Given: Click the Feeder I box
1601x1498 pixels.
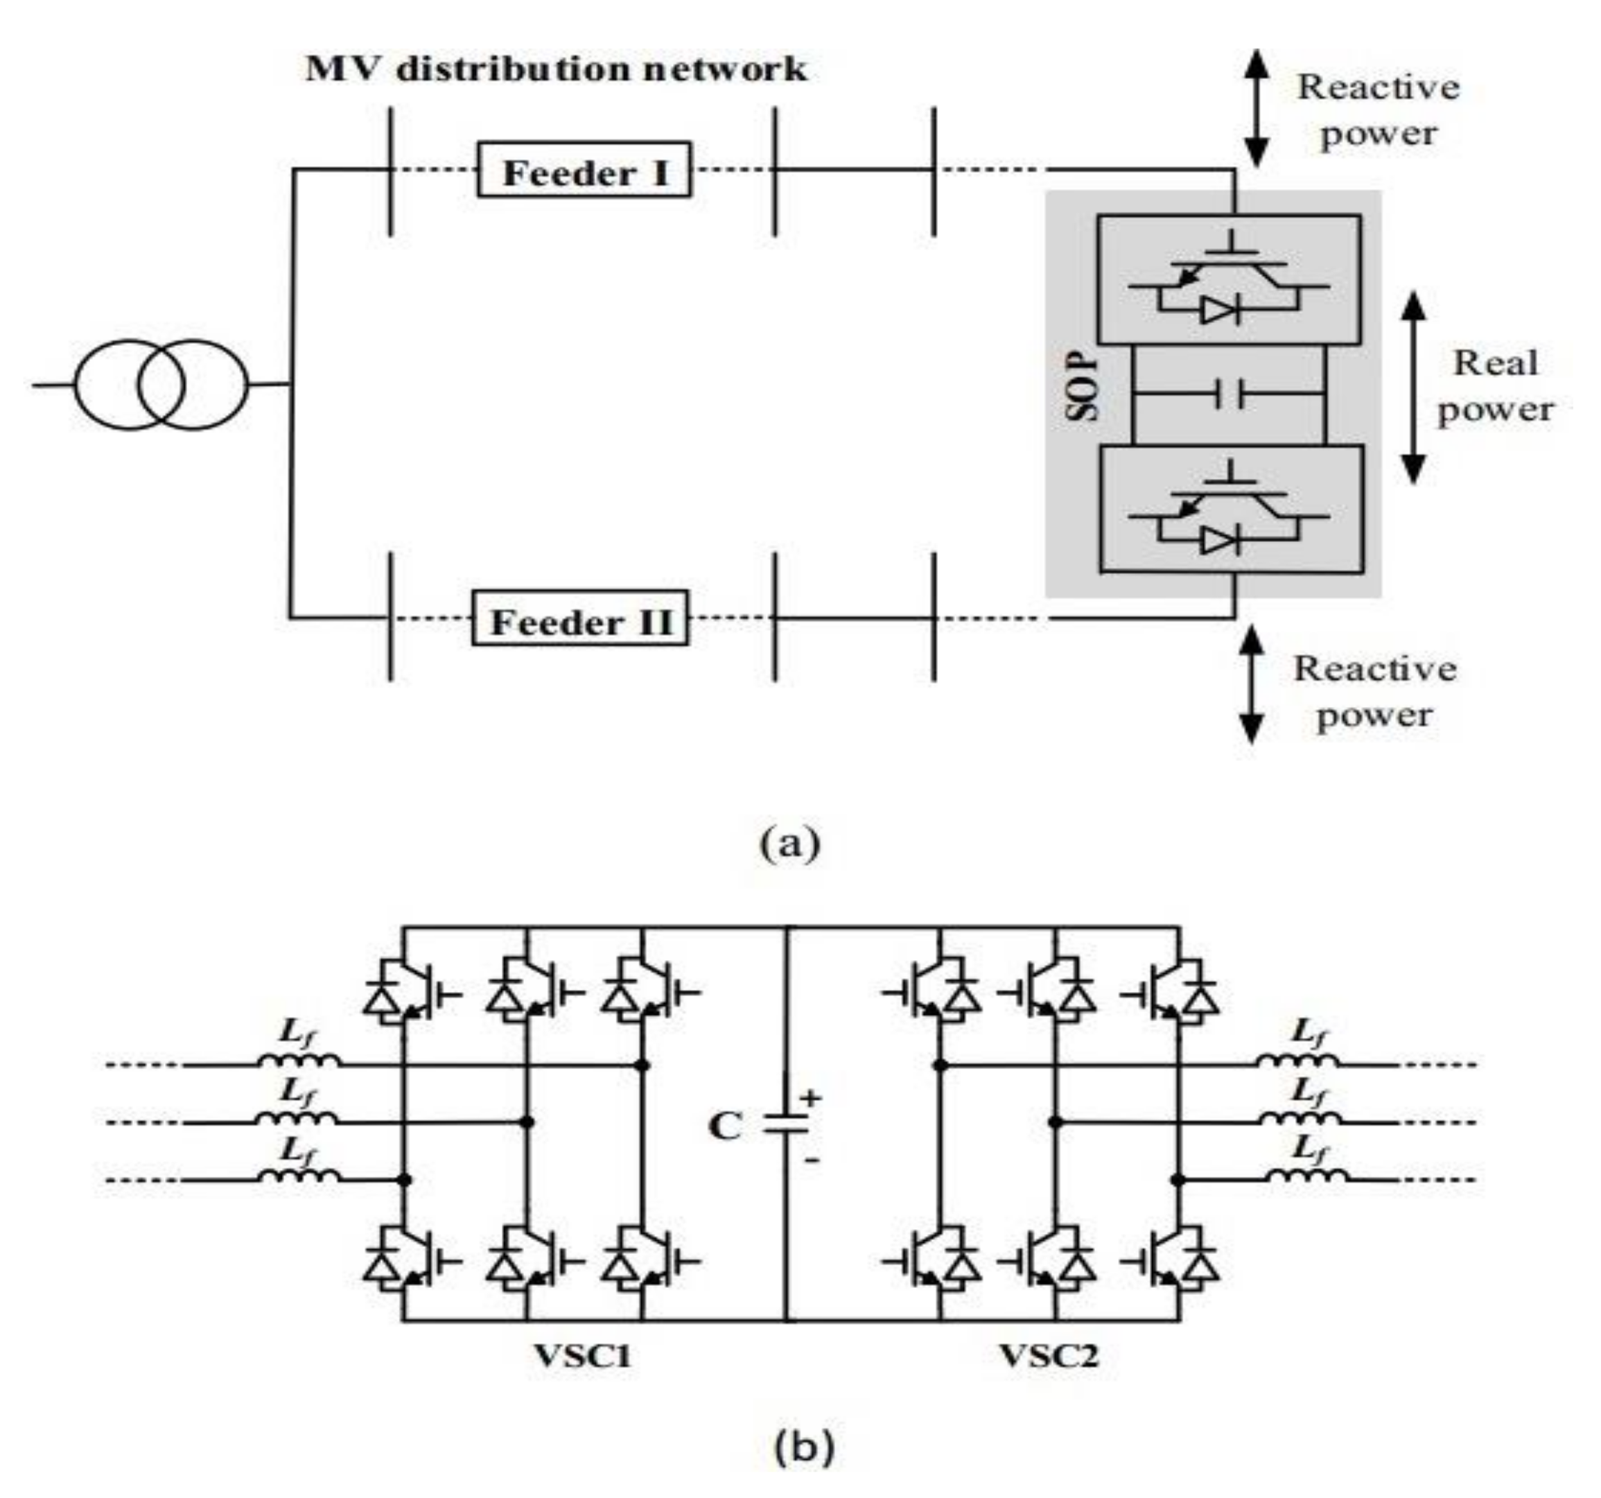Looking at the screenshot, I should pos(584,170).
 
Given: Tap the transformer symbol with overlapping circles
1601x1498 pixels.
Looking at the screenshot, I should pos(161,385).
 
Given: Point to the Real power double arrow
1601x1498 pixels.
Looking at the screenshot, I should pos(1413,387).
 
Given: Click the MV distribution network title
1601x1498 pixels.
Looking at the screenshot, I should pos(556,69).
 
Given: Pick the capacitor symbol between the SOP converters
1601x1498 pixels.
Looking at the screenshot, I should pos(1229,394).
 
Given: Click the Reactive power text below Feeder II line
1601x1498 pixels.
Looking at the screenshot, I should pos(1374,692).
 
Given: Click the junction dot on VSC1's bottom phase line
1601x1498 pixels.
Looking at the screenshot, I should pos(404,1180).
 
